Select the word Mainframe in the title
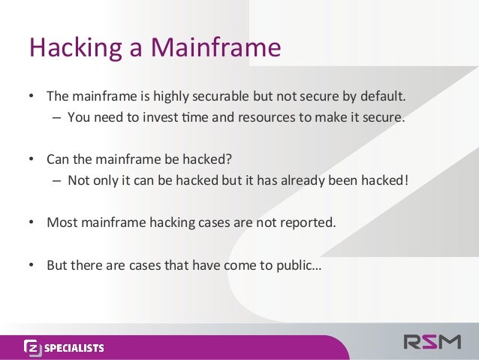pyautogui.click(x=215, y=48)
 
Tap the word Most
pyautogui.click(x=62, y=223)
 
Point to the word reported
pyautogui.click(x=303, y=223)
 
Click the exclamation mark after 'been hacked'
pyautogui.click(x=406, y=181)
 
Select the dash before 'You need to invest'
pyautogui.click(x=58, y=117)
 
